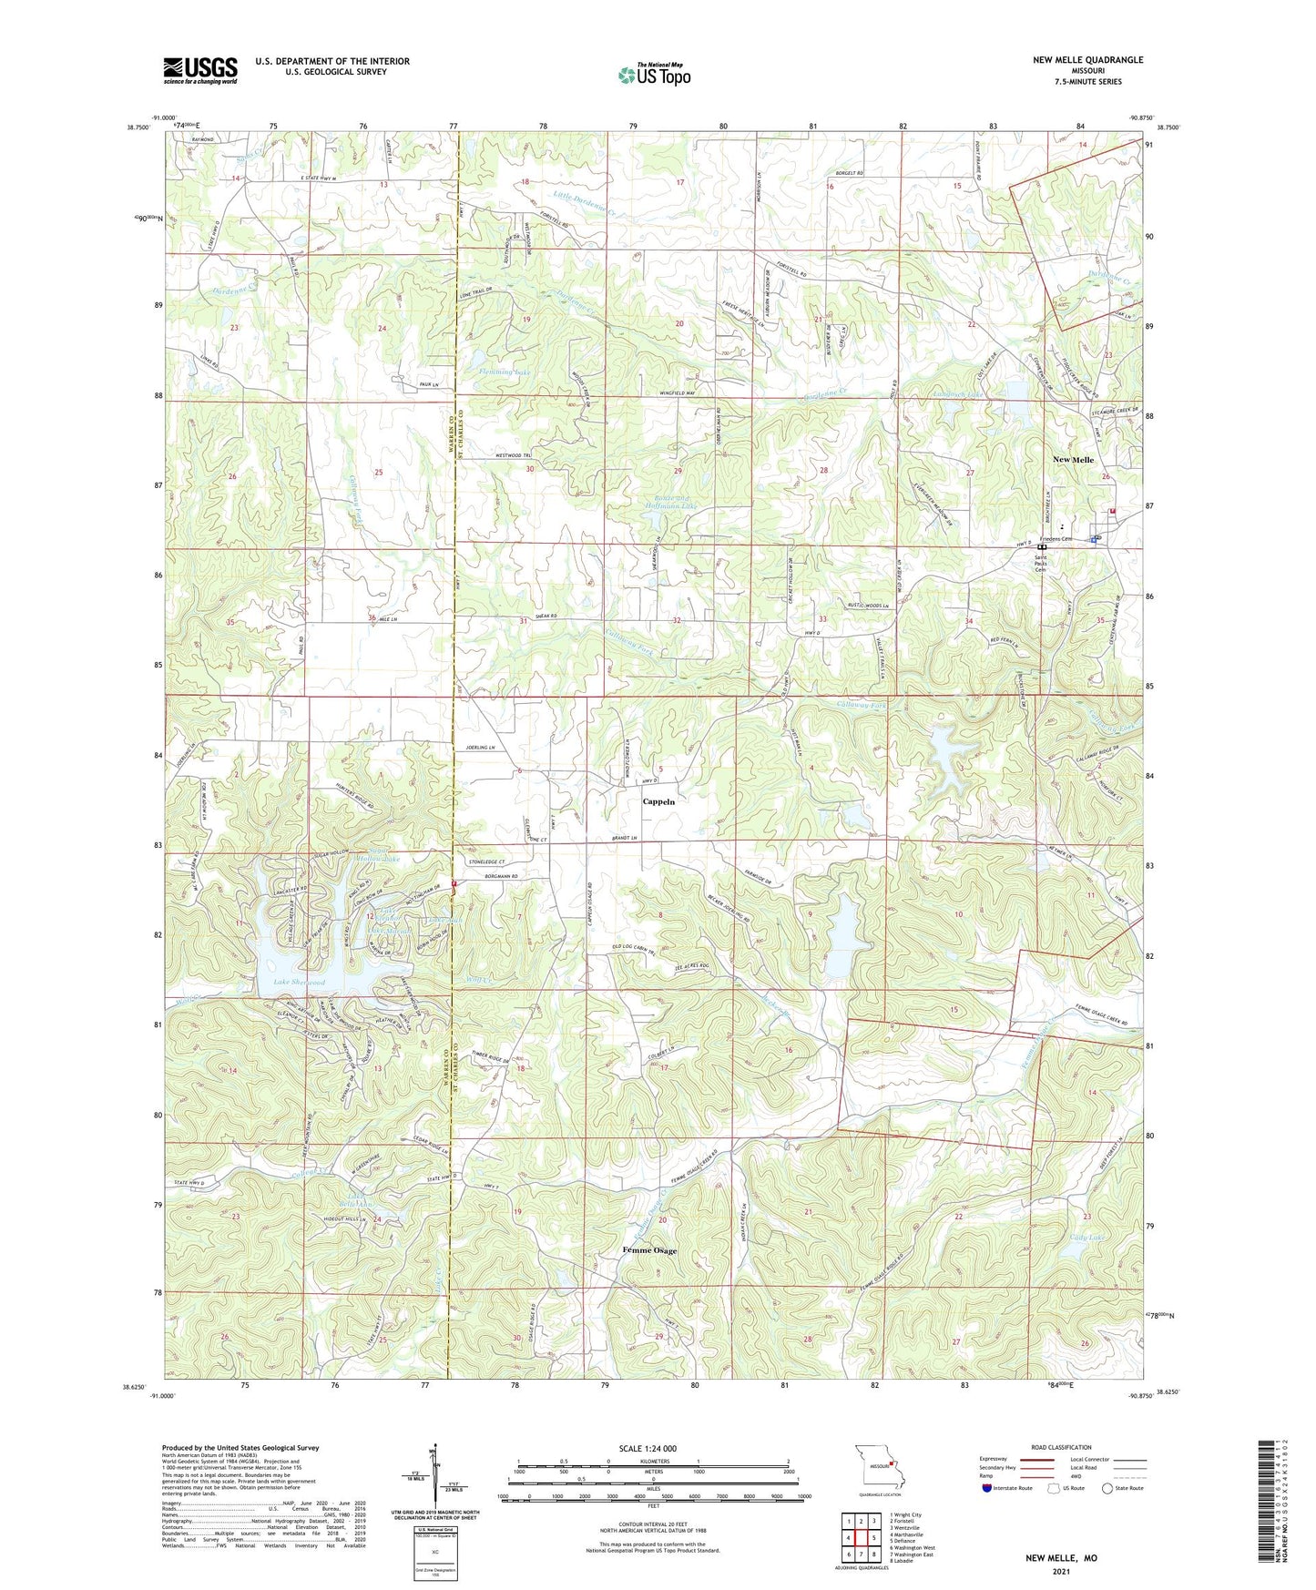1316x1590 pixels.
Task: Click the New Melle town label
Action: pos(1073,460)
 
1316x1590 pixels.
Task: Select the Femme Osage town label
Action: pos(649,1250)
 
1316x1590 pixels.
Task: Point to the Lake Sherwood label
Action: pos(300,983)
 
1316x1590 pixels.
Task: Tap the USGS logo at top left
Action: pos(200,70)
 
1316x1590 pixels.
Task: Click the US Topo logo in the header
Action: pos(653,75)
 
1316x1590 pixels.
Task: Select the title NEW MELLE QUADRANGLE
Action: pos(1087,60)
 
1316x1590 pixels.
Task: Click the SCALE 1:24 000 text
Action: pos(648,1448)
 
